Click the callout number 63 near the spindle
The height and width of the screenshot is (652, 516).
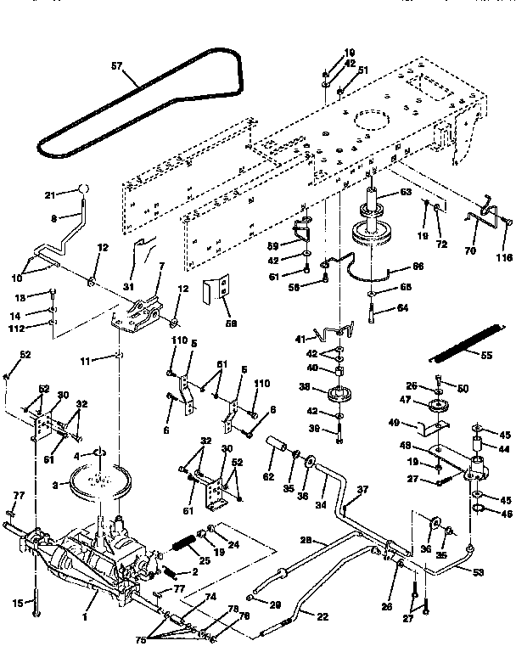coord(406,194)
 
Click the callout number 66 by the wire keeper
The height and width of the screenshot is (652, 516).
coord(418,266)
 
